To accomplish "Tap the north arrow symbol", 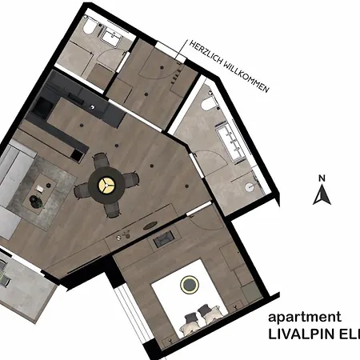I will pyautogui.click(x=321, y=194).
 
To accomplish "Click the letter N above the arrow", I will pyautogui.click(x=321, y=178).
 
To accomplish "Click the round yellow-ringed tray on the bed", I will pyautogui.click(x=190, y=283).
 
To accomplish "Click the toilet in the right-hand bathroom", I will pyautogui.click(x=208, y=102).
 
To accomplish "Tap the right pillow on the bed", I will pyautogui.click(x=211, y=313).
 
